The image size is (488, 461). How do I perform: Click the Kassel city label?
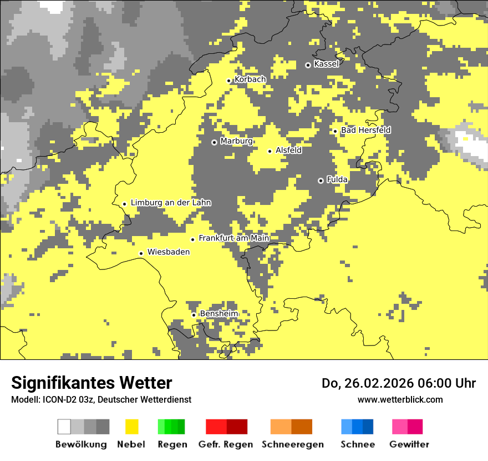326,64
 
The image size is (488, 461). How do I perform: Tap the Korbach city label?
250,79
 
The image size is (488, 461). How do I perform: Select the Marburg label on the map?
236,141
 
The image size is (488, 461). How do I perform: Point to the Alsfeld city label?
288,150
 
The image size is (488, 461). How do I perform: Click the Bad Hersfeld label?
365,130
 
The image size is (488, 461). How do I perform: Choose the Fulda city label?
337,179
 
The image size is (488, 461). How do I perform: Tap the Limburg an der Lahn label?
170,203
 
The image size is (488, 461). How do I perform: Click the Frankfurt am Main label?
233,238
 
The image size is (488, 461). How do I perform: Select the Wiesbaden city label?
168,252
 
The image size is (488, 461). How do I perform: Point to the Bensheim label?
218,313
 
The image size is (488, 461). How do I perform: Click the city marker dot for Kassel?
308,65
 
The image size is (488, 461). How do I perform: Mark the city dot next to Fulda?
321,181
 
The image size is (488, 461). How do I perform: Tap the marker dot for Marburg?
214,142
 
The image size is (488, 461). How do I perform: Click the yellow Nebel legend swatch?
132,427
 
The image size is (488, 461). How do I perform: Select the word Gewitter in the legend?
409,444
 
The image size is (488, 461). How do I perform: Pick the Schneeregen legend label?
293,444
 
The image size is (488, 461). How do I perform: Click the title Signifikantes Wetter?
91,383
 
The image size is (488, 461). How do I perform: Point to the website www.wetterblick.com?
400,399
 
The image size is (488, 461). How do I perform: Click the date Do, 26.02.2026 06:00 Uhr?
398,383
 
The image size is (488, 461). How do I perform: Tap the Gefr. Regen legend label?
225,444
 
